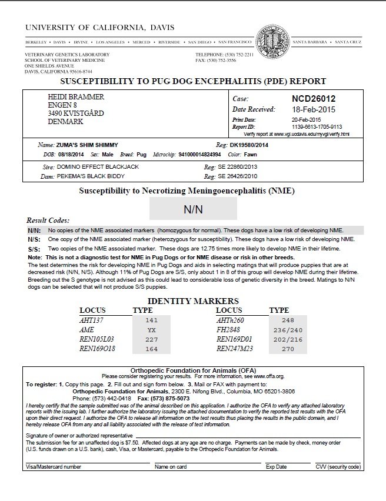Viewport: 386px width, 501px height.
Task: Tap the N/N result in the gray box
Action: (193, 209)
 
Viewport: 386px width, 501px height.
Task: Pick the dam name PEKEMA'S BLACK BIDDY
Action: (89, 175)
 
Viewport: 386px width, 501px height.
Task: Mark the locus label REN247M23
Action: (234, 349)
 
